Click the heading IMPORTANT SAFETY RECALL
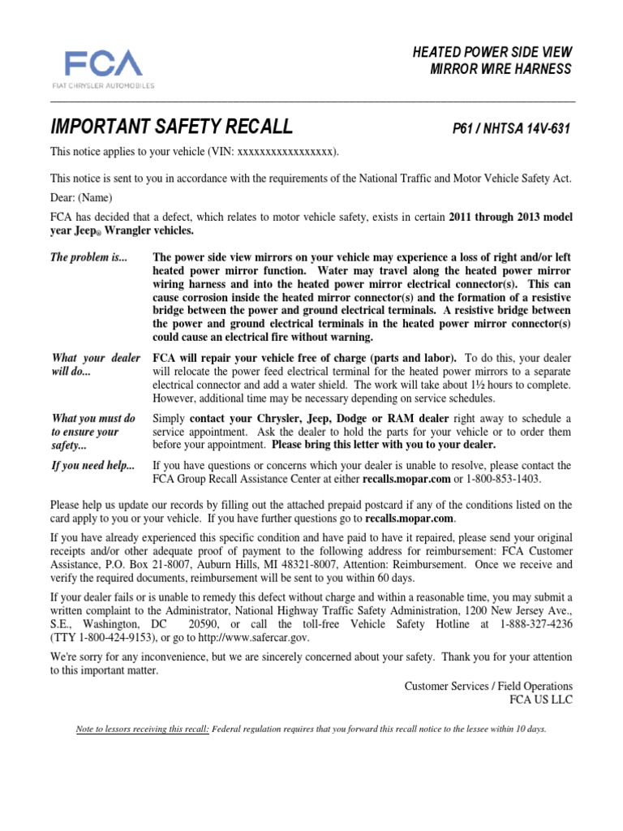click(171, 127)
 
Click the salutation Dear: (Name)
click(81, 197)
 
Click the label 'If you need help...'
click(93, 465)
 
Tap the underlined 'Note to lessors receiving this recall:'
click(142, 729)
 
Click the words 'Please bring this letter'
click(327, 446)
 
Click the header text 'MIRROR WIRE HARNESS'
click(501, 69)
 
